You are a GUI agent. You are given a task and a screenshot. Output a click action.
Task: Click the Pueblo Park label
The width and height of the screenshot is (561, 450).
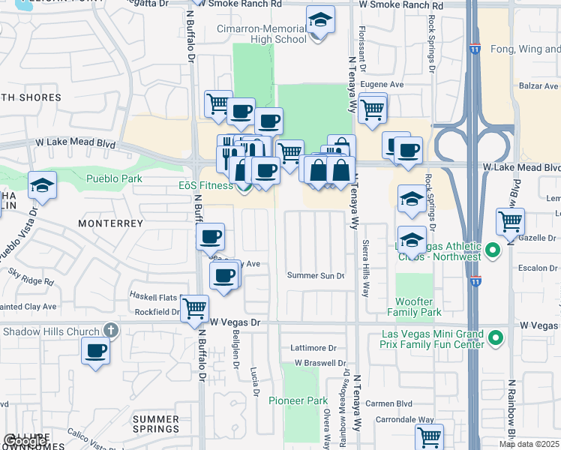(x=114, y=178)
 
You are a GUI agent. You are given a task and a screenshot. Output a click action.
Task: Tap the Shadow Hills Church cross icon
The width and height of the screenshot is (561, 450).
(x=111, y=331)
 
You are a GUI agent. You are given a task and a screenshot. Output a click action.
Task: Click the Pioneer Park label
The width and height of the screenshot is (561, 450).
(x=298, y=401)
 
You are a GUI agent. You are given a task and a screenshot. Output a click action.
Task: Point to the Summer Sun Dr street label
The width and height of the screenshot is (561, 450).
(x=316, y=275)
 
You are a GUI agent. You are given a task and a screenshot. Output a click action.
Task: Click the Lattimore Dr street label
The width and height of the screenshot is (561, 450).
(x=314, y=348)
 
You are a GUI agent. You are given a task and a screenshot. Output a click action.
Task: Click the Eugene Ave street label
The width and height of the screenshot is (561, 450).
(x=382, y=85)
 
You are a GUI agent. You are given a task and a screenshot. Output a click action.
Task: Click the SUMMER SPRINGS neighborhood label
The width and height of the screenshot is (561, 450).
(x=155, y=424)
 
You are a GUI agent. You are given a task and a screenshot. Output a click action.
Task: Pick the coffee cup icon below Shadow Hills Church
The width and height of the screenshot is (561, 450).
(x=95, y=350)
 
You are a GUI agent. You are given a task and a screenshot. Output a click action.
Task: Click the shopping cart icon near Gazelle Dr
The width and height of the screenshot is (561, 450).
(x=510, y=221)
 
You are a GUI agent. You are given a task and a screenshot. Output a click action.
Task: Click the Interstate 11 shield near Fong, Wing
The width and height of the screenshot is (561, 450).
(x=475, y=49)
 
